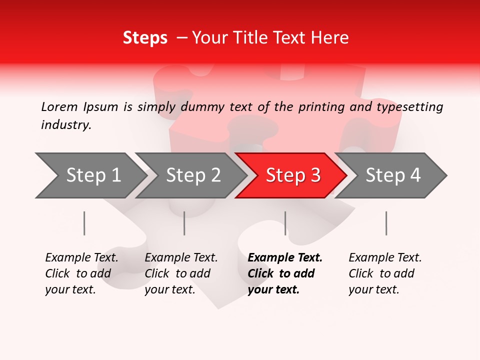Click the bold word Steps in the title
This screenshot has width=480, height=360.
tap(145, 38)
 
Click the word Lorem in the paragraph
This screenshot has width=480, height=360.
tap(59, 107)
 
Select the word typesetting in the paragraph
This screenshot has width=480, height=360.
tap(409, 107)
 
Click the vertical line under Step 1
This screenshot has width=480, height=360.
tap(84, 223)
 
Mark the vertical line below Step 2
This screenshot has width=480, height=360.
tap(184, 223)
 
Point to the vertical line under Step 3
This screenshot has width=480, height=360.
tap(285, 223)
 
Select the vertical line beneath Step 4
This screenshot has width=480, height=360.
tap(386, 223)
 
